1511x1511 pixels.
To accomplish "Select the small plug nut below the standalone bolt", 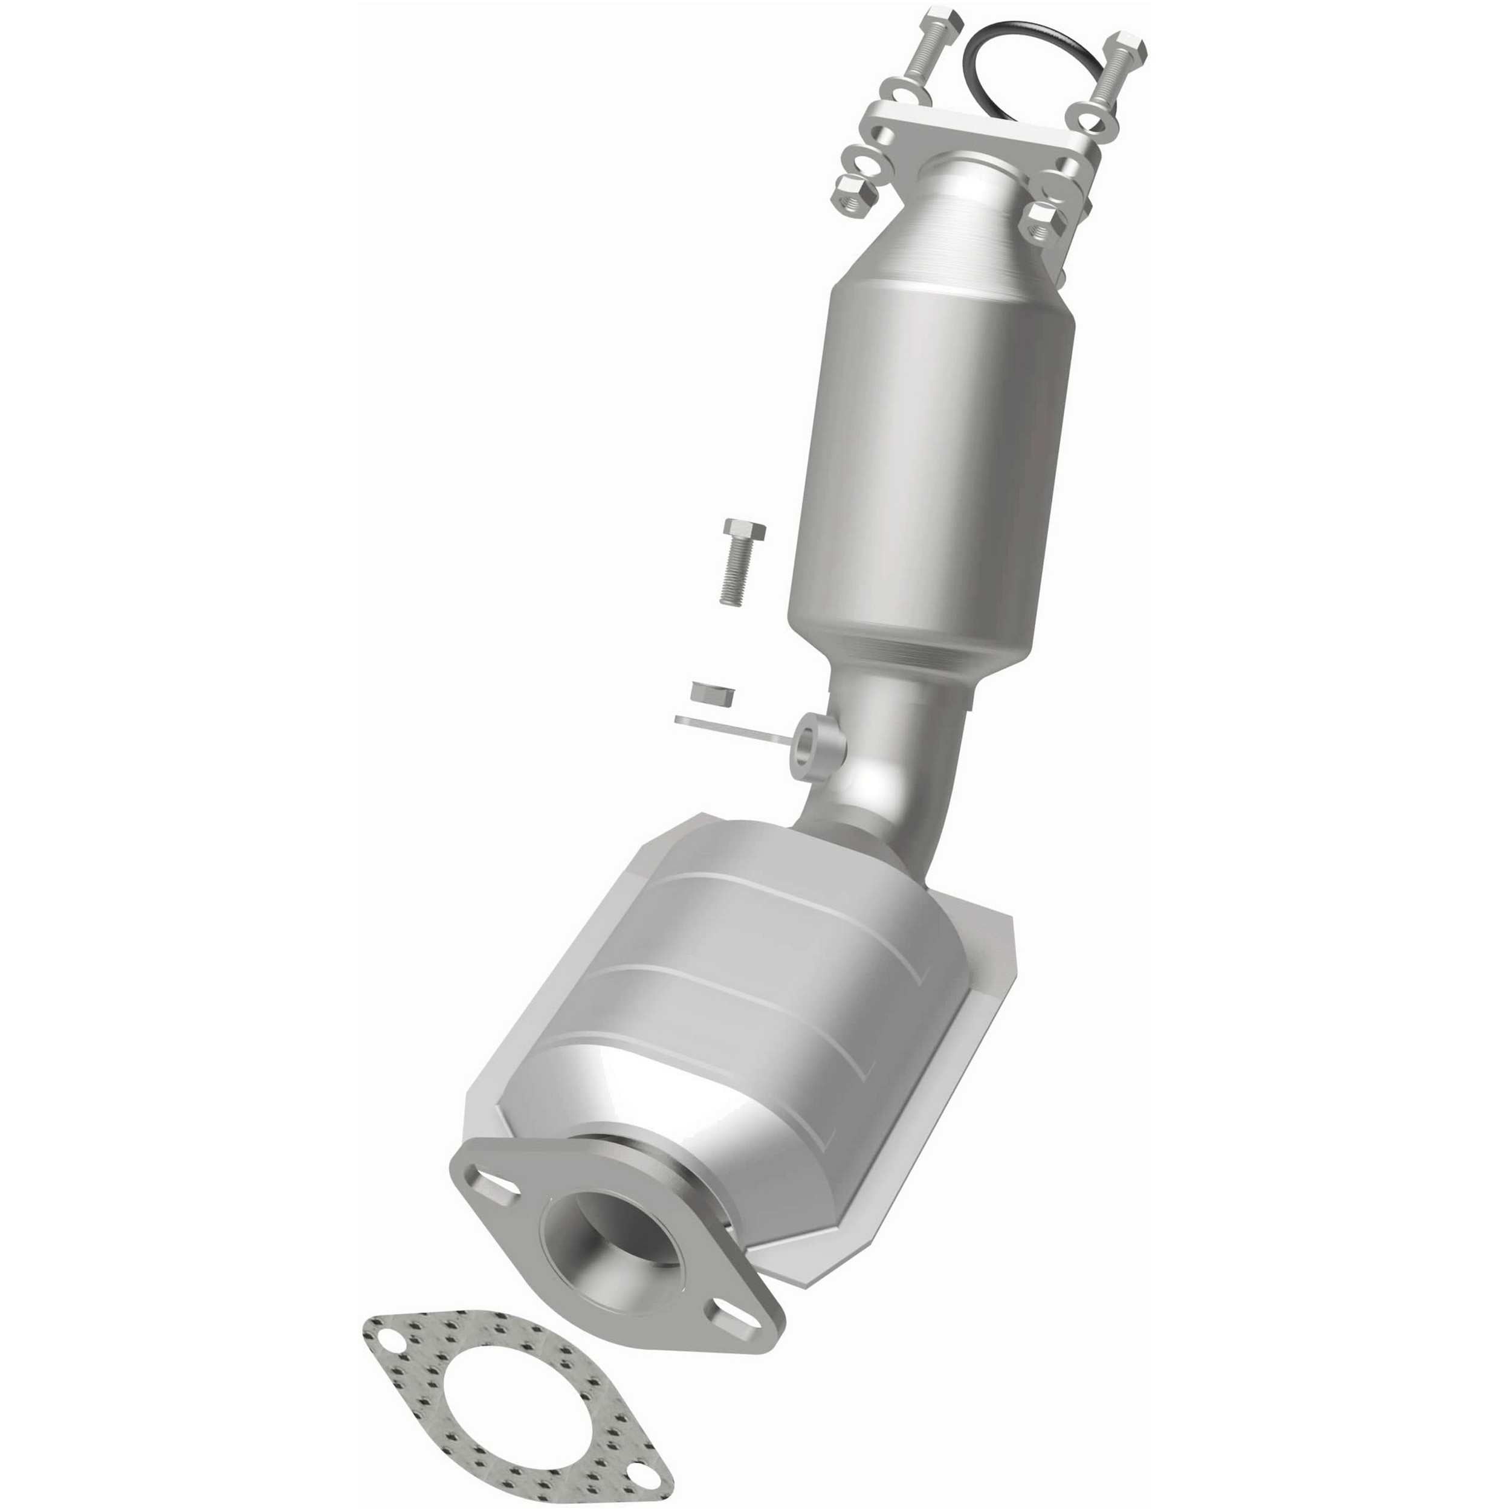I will [713, 691].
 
